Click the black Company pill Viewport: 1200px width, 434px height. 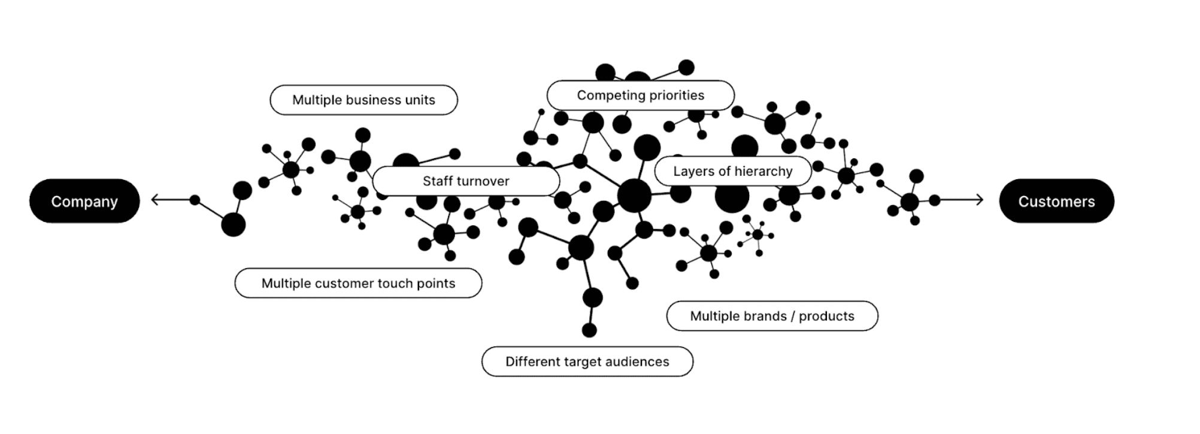tap(84, 201)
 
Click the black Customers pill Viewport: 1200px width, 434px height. tap(1056, 201)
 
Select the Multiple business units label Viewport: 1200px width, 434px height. tap(363, 100)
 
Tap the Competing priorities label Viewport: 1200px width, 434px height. tap(640, 95)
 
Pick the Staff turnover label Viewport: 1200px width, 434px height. tap(466, 181)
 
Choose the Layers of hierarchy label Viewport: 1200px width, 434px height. tap(732, 171)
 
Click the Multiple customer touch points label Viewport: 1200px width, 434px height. tap(358, 284)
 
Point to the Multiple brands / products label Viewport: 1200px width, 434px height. tap(772, 316)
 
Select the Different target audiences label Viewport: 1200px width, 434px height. tap(587, 361)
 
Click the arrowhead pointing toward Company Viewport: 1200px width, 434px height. tap(154, 200)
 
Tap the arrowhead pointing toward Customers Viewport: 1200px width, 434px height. tap(980, 200)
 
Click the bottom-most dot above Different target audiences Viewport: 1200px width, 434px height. tap(589, 330)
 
